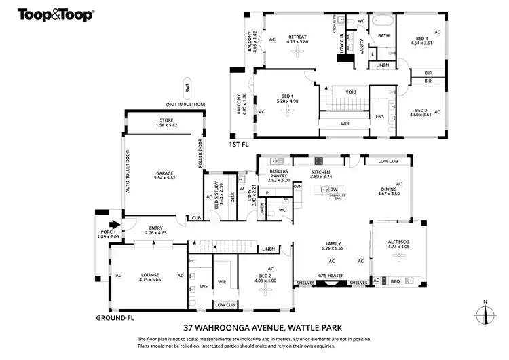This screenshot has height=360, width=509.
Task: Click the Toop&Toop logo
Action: point(55,14)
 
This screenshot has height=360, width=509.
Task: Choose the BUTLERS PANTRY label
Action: point(279,175)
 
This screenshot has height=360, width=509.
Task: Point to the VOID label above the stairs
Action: point(351,92)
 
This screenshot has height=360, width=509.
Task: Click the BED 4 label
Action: point(421,40)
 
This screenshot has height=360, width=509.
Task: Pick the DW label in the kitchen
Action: point(333,190)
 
